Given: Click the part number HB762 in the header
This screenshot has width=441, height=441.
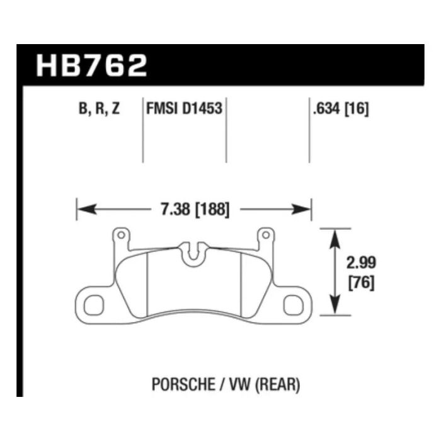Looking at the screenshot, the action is point(92,66).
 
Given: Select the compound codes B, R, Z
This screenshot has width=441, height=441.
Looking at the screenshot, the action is point(100,108).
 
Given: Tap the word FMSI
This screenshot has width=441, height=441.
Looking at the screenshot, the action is point(163,108).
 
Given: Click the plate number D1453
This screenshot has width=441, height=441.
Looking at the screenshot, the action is point(202,108).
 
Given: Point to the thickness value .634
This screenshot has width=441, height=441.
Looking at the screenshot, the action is point(327,108).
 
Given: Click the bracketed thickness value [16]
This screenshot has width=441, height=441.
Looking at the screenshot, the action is point(357,108).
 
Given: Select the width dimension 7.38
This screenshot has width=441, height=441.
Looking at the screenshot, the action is point(176,209).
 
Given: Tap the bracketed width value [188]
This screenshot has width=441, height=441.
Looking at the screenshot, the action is point(212,210).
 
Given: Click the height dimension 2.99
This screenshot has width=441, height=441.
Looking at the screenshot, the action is point(361,263).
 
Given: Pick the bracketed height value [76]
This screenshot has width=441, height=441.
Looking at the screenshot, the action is point(362,283).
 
